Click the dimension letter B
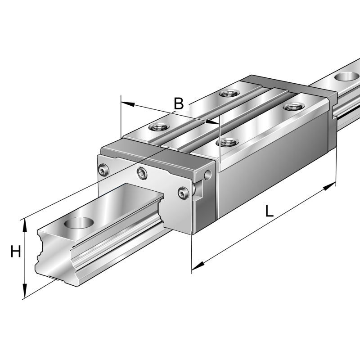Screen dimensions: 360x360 [x=179, y=104]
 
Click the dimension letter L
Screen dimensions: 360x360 [x=269, y=211]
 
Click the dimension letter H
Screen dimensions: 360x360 [x=16, y=252]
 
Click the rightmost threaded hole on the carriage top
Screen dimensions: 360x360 [x=294, y=107]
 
